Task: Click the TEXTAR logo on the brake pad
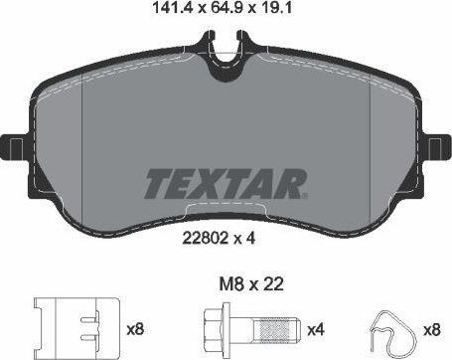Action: pos(226,184)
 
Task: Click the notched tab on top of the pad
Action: pos(226,46)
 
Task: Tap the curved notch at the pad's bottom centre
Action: pos(226,210)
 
